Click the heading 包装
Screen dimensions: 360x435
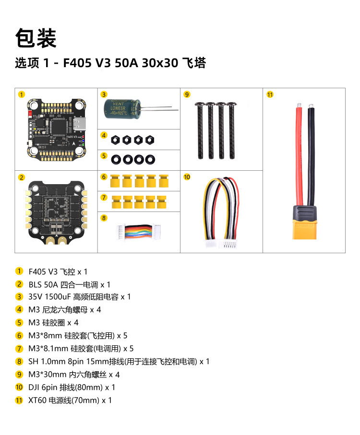[36, 38]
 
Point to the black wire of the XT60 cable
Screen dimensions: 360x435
[311, 153]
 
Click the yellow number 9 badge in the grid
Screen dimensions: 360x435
[187, 94]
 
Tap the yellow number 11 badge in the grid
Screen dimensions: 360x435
[270, 94]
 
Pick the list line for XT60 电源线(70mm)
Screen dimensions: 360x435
[70, 400]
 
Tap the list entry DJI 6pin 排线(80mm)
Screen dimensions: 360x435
[65, 387]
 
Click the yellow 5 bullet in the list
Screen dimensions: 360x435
[19, 323]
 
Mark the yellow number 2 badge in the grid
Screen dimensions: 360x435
[22, 177]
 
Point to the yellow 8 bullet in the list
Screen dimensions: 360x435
[19, 362]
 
